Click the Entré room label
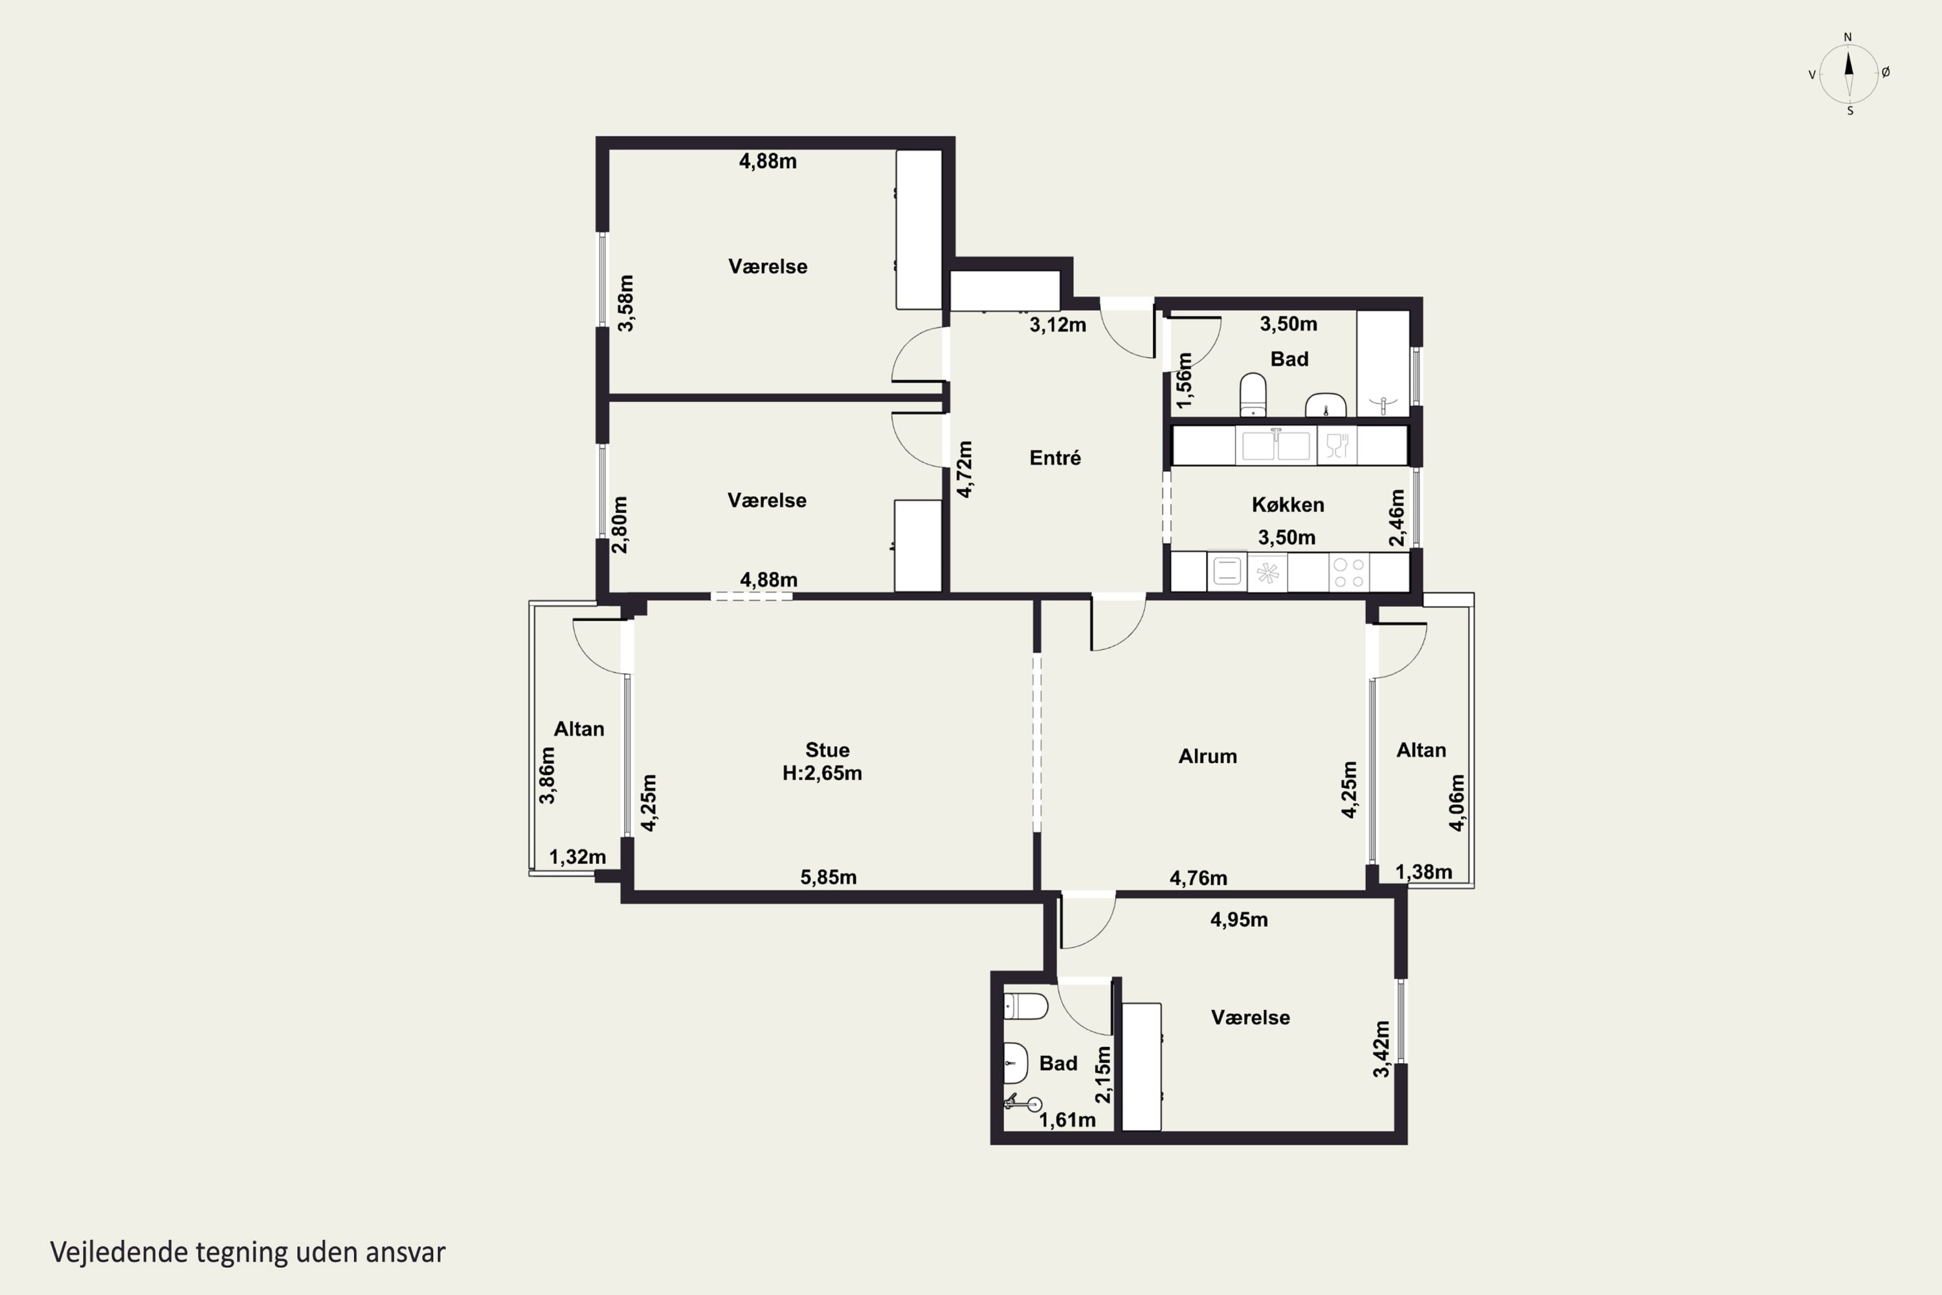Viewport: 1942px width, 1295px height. point(1055,458)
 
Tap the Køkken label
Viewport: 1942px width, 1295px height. point(1288,504)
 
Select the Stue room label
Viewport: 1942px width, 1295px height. point(827,750)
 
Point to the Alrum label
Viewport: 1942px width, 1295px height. point(1207,756)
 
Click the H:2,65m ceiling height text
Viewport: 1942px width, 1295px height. point(822,773)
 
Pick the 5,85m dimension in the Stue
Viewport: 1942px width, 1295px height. point(828,877)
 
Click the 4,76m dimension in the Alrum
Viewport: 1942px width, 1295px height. point(1198,878)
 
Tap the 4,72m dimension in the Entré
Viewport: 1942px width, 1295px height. point(964,469)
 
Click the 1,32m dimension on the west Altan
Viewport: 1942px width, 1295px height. point(577,857)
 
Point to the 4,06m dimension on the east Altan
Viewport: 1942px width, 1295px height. point(1456,802)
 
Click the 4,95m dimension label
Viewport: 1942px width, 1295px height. point(1238,920)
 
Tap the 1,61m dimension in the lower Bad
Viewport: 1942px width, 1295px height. point(1067,1120)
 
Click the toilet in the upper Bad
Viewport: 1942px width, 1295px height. point(1253,396)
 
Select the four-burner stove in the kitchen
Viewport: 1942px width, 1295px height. point(1349,572)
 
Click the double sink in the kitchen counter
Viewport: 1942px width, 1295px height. point(1277,445)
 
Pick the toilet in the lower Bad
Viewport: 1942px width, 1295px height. point(1025,1006)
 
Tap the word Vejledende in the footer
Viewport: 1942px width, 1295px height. point(119,1252)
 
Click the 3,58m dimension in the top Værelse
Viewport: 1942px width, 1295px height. point(626,303)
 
